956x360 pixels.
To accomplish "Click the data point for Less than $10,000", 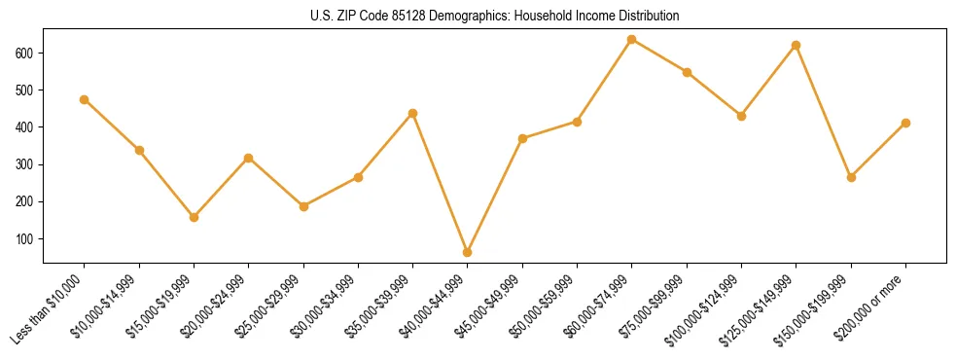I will [x=85, y=99].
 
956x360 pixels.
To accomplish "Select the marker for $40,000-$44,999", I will [x=468, y=252].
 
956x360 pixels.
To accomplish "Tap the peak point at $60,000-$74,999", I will [x=632, y=39].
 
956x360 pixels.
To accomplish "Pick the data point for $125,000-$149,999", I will [x=797, y=45].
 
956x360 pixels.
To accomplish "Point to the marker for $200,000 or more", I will [x=905, y=123].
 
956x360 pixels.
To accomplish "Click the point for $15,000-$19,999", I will [x=194, y=217].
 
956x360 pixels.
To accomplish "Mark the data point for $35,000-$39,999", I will [x=413, y=113].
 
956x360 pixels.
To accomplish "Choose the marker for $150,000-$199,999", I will [x=851, y=177].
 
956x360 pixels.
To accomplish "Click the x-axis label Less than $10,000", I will [x=50, y=307].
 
